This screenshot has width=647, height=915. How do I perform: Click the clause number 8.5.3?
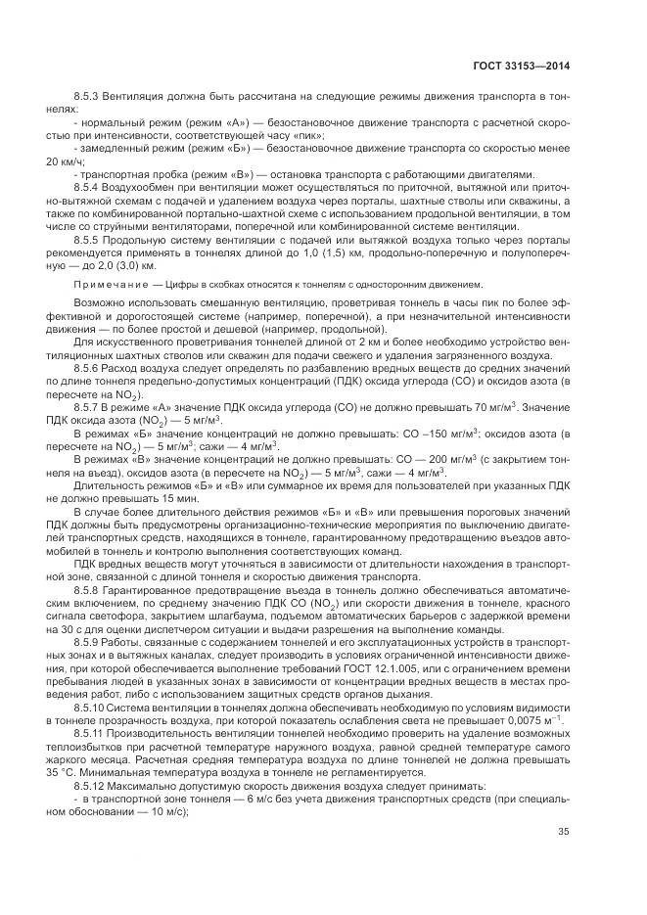pyautogui.click(x=89, y=100)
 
